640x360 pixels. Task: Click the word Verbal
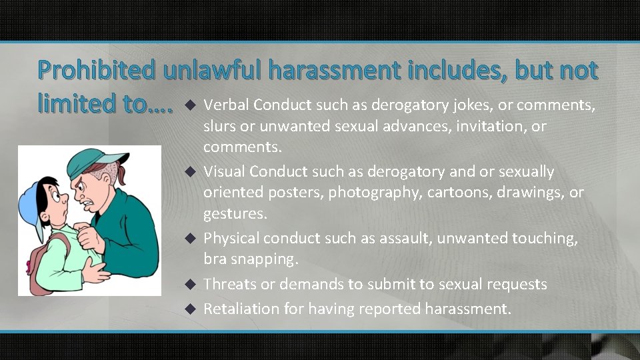226,105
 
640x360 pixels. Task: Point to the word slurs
219,127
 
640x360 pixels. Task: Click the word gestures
233,215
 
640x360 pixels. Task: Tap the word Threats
230,284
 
